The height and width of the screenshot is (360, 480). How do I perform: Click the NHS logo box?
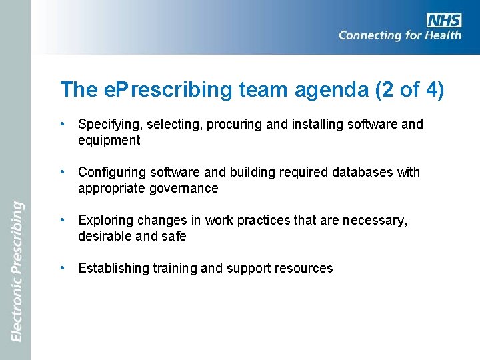coord(443,20)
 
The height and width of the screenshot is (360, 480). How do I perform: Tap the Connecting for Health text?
coord(399,35)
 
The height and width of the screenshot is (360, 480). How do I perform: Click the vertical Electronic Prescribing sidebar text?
coord(17,271)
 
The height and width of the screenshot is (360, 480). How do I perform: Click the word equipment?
coord(109,141)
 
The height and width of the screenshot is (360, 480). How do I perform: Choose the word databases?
coord(360,173)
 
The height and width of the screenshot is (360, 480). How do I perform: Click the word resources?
coord(305,269)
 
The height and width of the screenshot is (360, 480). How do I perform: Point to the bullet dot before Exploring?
coord(61,219)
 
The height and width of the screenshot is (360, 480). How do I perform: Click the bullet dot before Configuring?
coord(61,171)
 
